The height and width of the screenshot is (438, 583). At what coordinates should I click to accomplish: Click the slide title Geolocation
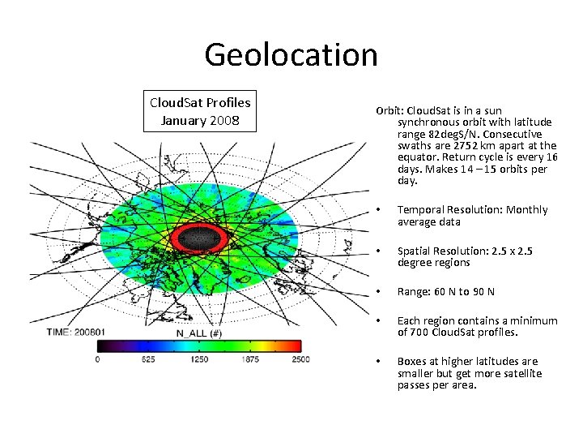point(291,54)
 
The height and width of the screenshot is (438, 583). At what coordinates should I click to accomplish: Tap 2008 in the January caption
point(224,120)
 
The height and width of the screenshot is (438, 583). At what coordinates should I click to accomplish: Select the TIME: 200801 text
point(77,333)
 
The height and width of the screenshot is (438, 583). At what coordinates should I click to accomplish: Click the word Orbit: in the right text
point(390,111)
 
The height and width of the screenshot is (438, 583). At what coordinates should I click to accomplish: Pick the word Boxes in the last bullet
point(412,361)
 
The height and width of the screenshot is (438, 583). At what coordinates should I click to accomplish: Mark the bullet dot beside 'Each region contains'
point(380,320)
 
